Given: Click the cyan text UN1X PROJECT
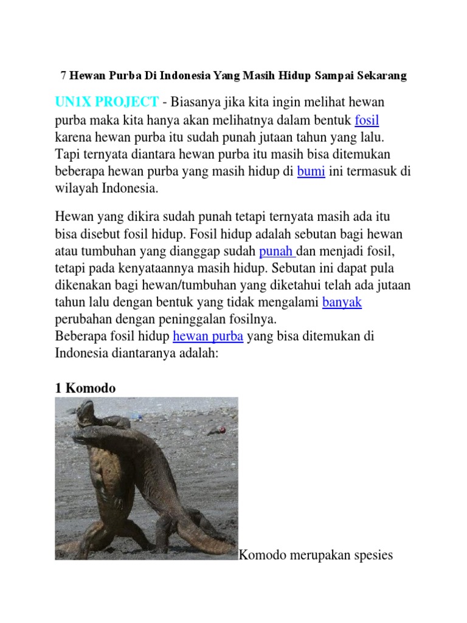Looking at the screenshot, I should [x=107, y=100].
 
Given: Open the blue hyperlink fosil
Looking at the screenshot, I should [x=367, y=119].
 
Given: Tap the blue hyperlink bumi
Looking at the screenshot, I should [x=311, y=172].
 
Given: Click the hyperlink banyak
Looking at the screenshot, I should [x=342, y=302].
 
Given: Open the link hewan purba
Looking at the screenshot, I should [x=208, y=336].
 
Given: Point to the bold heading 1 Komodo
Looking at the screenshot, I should [x=85, y=388].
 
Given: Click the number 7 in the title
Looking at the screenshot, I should [x=63, y=76].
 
